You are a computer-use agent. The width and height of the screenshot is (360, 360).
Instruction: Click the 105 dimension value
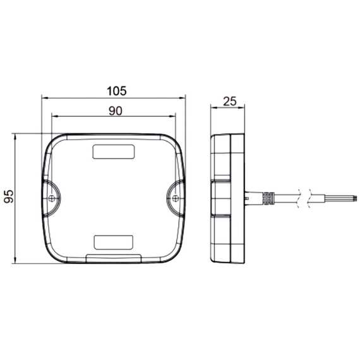pyautogui.click(x=117, y=91)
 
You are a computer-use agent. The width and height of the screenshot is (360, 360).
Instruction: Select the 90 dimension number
pyautogui.click(x=116, y=111)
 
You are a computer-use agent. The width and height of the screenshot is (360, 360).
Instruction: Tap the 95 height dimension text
pyautogui.click(x=9, y=196)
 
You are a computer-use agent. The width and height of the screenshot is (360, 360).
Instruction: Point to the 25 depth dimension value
pyautogui.click(x=230, y=102)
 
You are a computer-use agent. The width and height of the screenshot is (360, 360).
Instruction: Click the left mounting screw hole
pyautogui.click(x=52, y=198)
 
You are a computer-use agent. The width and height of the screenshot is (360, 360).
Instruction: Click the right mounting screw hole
pyautogui.click(x=176, y=198)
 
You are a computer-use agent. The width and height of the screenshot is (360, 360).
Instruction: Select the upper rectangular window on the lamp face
pyautogui.click(x=114, y=152)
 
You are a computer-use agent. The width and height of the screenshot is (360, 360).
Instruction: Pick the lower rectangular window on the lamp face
pyautogui.click(x=114, y=243)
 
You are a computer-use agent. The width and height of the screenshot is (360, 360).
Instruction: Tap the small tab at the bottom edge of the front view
pyautogui.click(x=114, y=258)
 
